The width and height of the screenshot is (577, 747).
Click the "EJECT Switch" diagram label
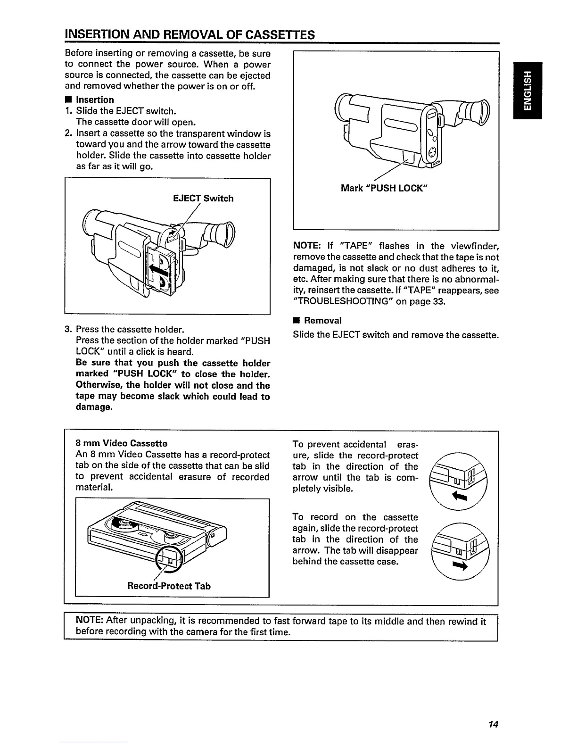point(203,199)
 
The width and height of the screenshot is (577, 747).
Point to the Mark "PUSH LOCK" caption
point(384,188)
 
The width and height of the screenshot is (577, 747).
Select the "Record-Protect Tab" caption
point(169,586)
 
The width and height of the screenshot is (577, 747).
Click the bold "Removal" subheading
point(322,321)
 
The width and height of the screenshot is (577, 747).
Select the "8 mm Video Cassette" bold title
point(121,443)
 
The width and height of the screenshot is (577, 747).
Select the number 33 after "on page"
point(438,302)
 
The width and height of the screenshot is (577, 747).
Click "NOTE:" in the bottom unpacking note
point(90,622)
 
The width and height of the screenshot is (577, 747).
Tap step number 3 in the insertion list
point(68,329)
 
